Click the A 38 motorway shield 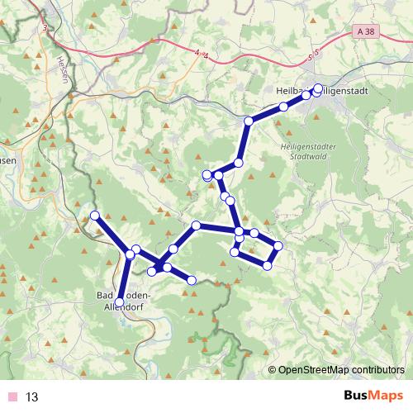click(x=370, y=31)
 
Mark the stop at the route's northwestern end click(x=94, y=216)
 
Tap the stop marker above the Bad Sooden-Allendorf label click(x=119, y=302)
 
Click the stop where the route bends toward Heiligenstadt click(x=248, y=121)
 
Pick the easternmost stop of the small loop click(x=278, y=245)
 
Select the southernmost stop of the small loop click(x=268, y=265)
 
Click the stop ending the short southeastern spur click(x=192, y=281)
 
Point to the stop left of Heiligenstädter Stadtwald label click(x=238, y=163)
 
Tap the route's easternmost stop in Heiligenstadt click(x=319, y=88)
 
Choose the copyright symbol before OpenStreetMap click(x=273, y=369)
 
